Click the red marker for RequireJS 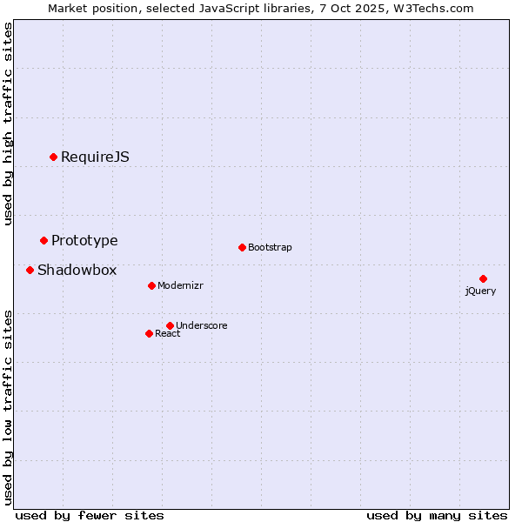pos(53,157)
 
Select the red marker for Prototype pos(43,240)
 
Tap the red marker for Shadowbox pos(30,270)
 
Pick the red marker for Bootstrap pos(242,247)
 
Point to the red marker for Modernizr pos(151,285)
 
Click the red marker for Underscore pos(170,325)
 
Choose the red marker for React pos(149,333)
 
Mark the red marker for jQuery pos(483,278)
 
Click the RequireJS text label pos(95,157)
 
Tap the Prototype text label pos(84,240)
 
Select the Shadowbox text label pos(77,270)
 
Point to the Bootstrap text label pos(270,247)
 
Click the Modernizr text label pos(180,285)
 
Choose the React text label pos(167,333)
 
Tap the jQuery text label pos(480,291)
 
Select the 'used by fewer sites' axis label pos(90,515)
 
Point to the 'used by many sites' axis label pos(437,515)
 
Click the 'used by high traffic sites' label pos(8,124)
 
